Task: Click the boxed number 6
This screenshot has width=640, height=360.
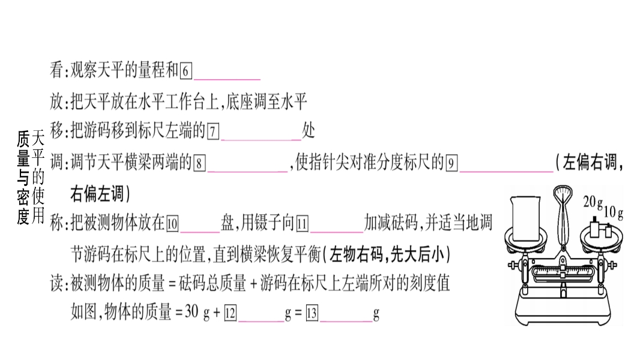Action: click(x=186, y=71)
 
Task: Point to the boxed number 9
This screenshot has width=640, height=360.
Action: click(x=452, y=163)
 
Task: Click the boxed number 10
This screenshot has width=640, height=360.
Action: click(x=173, y=224)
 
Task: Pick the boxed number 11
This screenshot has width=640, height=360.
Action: click(x=302, y=224)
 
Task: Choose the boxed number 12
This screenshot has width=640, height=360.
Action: click(x=230, y=313)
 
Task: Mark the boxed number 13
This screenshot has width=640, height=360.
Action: click(x=312, y=313)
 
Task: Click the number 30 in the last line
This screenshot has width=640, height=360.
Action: click(x=192, y=313)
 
